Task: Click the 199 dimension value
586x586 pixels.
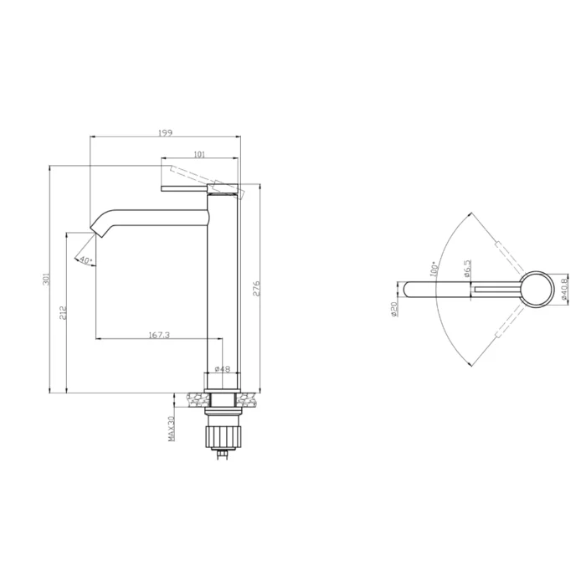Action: (x=165, y=132)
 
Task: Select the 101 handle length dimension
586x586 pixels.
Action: (x=199, y=154)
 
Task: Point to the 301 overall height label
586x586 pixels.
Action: (x=46, y=279)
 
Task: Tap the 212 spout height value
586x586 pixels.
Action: (x=63, y=312)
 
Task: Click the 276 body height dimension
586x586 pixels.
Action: (x=256, y=288)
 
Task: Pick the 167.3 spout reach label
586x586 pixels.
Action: (x=159, y=335)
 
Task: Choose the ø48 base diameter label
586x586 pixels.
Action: (x=223, y=369)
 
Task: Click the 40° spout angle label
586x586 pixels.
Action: (x=85, y=260)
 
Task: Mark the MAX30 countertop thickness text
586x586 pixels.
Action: (x=171, y=429)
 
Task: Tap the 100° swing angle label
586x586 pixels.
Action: (x=434, y=269)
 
